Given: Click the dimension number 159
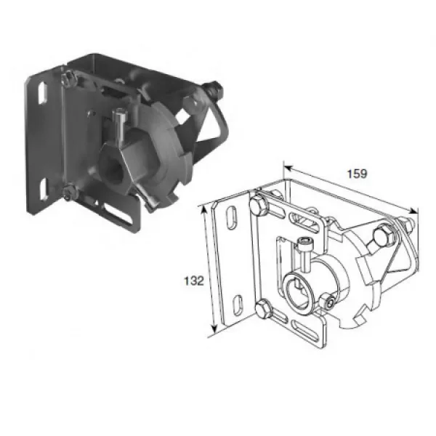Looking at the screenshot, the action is pos(357,174).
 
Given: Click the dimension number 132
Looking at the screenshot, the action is pos(194,280).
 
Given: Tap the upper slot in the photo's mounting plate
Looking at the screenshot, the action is pos(42,93).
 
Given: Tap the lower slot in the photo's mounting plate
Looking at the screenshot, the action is pos(44,189).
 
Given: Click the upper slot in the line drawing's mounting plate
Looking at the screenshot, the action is pos(232,218).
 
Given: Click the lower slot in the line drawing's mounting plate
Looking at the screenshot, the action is pos(238,306).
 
